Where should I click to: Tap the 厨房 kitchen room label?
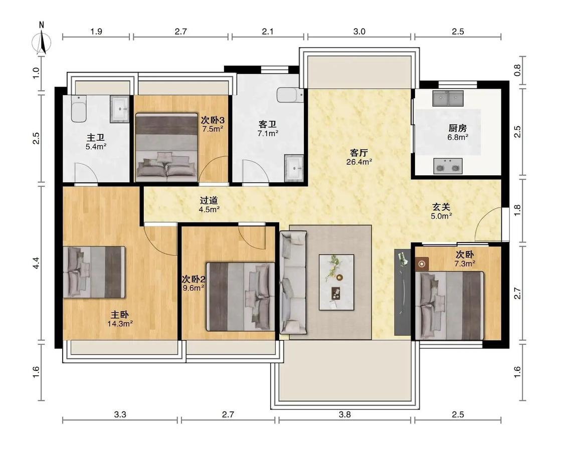click(x=458, y=128)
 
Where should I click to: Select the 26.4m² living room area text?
click(x=359, y=162)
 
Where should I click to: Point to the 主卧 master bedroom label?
click(x=119, y=315)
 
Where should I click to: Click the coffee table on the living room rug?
click(x=336, y=282)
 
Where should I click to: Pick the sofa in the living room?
click(x=293, y=282)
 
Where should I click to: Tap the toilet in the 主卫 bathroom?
click(x=78, y=109)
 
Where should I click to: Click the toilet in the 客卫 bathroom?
click(x=290, y=95)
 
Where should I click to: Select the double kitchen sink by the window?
click(x=448, y=98)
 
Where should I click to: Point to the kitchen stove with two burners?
click(x=448, y=166)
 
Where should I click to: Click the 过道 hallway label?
click(x=209, y=200)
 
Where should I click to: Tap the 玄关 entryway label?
click(x=441, y=207)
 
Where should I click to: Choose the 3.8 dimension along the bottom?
click(x=344, y=414)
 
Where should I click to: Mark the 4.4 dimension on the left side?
click(x=36, y=263)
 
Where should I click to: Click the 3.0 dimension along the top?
click(x=359, y=32)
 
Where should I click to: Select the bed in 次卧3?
click(x=166, y=147)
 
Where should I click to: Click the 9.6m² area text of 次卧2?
click(x=194, y=288)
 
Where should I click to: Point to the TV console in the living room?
click(x=403, y=292)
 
